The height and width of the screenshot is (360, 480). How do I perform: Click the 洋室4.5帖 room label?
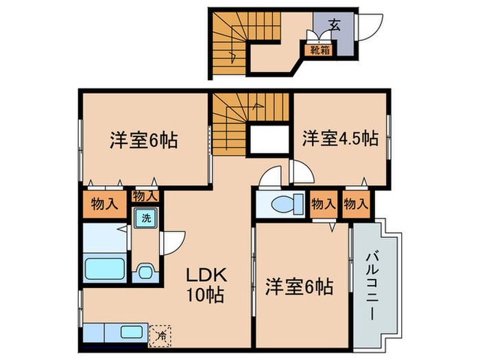click(x=341, y=139)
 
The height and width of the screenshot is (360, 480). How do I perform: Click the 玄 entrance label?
click(x=335, y=25)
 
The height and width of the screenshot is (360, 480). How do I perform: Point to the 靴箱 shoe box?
click(x=319, y=49)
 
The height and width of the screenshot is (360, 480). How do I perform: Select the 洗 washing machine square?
click(x=145, y=219)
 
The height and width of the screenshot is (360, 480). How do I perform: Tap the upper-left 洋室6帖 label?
click(x=143, y=141)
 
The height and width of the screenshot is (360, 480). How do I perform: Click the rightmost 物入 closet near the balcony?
click(x=355, y=204)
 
